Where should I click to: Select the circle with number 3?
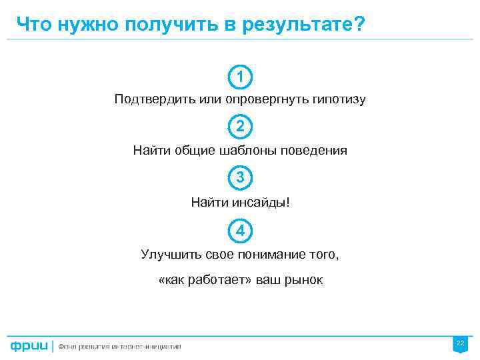click(x=240, y=178)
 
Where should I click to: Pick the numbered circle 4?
click(x=240, y=231)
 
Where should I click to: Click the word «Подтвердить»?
click(x=149, y=100)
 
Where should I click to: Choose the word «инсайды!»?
click(x=261, y=202)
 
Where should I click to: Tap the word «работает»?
click(x=221, y=280)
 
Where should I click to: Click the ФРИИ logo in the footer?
click(x=28, y=346)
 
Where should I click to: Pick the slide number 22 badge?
click(x=460, y=343)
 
